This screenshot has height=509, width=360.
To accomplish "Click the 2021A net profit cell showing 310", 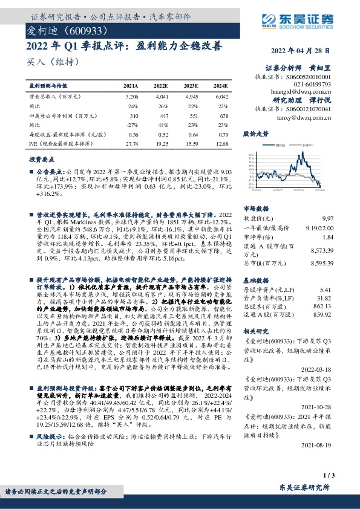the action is click(134, 115).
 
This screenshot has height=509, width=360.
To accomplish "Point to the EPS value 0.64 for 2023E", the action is click(191, 134).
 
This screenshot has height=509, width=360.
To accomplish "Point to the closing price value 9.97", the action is click(328, 218).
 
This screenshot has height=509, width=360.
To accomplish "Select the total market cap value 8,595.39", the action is click(320, 264).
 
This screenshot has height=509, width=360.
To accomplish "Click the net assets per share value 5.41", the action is click(327, 291).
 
